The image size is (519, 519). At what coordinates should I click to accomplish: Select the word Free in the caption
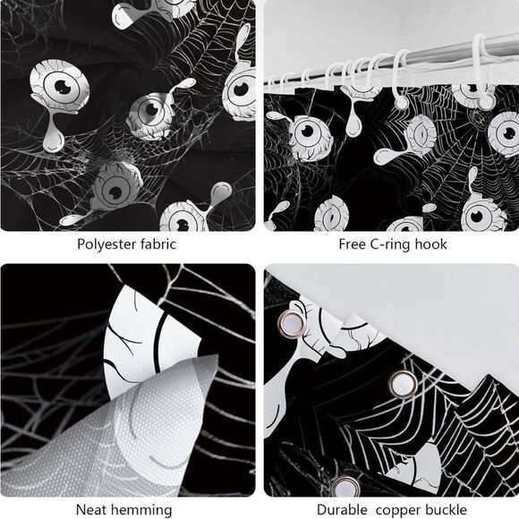coord(353,243)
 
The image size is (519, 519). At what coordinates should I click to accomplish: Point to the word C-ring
coord(391,243)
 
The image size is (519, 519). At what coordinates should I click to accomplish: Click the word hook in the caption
coord(432,243)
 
